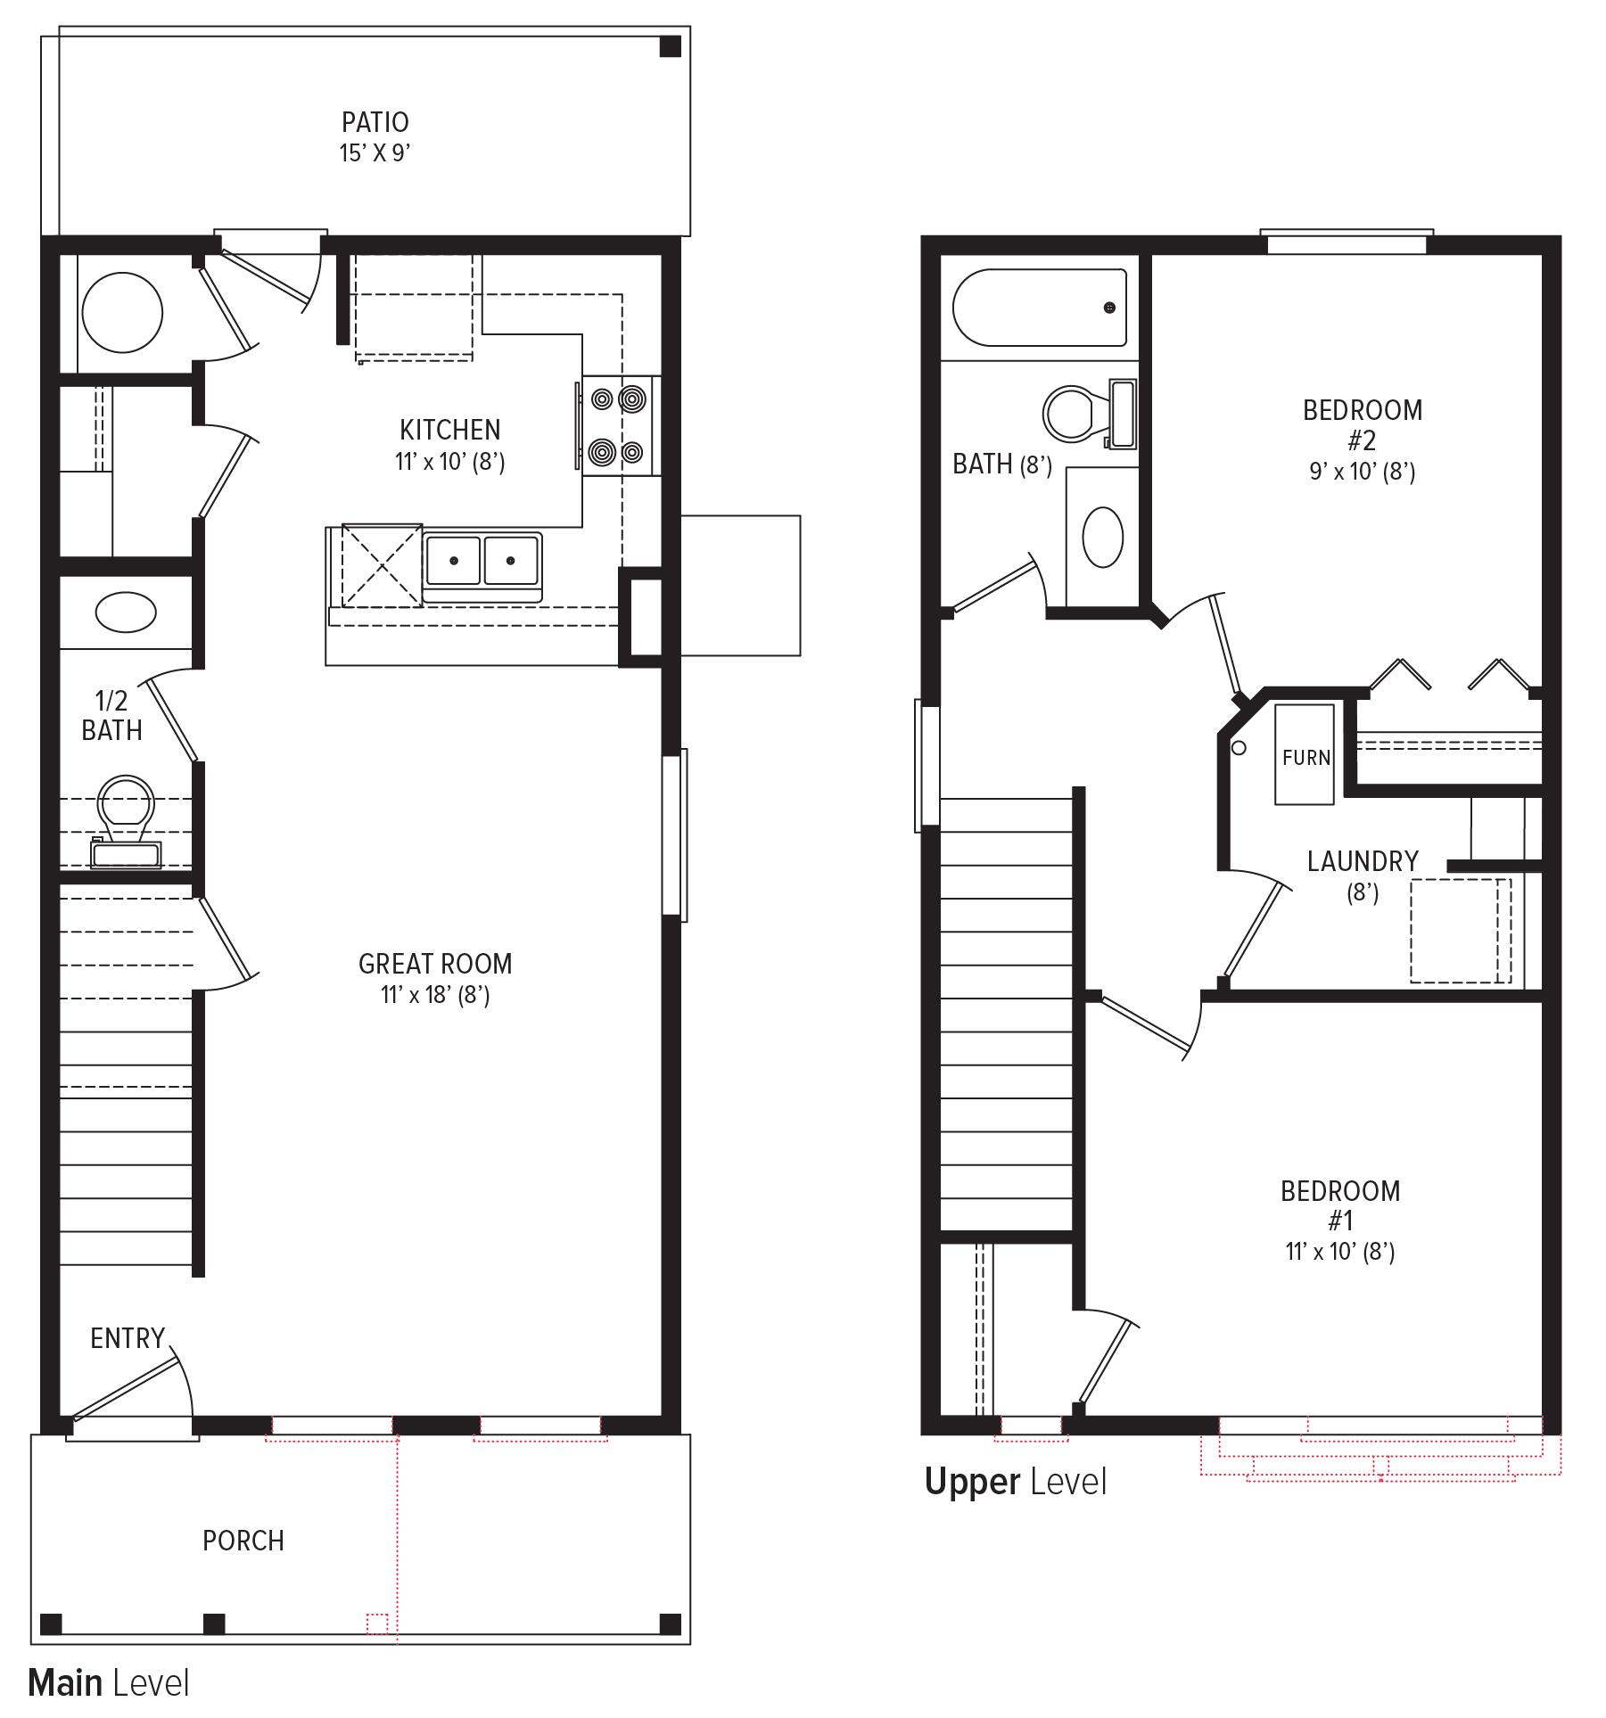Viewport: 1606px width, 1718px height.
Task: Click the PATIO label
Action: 375,122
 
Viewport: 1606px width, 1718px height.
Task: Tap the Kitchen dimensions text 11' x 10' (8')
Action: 449,462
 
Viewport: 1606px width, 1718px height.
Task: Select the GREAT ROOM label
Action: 434,964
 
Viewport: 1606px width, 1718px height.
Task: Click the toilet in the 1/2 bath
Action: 126,816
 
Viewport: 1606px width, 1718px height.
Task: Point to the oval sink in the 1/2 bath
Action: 126,612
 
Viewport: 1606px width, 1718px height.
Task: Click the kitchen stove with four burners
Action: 617,426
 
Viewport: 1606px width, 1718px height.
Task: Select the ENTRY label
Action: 128,1338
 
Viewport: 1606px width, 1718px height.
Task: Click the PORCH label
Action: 243,1541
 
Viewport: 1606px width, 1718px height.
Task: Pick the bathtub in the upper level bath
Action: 1040,308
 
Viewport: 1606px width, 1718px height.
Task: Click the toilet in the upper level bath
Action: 1083,414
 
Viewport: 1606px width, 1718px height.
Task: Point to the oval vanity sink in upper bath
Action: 1102,537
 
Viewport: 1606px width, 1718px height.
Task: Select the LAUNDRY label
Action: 1362,861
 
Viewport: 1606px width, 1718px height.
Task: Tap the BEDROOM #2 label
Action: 1362,424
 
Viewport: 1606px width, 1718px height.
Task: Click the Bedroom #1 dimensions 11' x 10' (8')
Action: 1339,1252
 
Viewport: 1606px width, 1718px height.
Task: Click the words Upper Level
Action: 1015,1481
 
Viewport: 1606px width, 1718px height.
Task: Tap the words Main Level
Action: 108,1682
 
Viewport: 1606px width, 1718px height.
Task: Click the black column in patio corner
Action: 670,46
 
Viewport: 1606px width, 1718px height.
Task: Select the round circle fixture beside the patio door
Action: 122,313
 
